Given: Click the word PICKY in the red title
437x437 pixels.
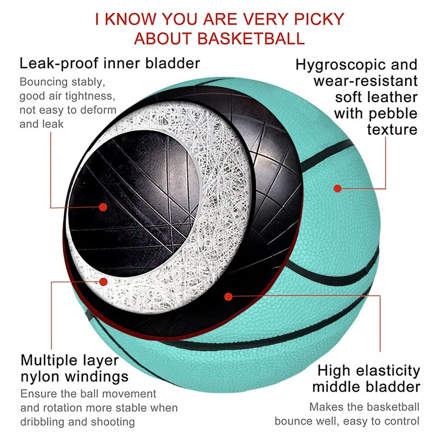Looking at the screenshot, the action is coord(317,19).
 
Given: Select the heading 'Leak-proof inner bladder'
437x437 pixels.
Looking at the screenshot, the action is coord(110,63).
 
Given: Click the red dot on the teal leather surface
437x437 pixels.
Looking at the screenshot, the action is coord(338,188).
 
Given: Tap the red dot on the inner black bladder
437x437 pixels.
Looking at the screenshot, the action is coord(103,206).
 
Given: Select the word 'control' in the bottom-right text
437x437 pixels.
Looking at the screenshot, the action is coord(403,421).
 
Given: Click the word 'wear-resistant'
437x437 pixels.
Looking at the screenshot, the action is coord(365,81).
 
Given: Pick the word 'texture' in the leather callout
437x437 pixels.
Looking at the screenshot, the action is coord(392,130).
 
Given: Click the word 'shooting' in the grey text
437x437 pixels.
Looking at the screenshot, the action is coord(111,422).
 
